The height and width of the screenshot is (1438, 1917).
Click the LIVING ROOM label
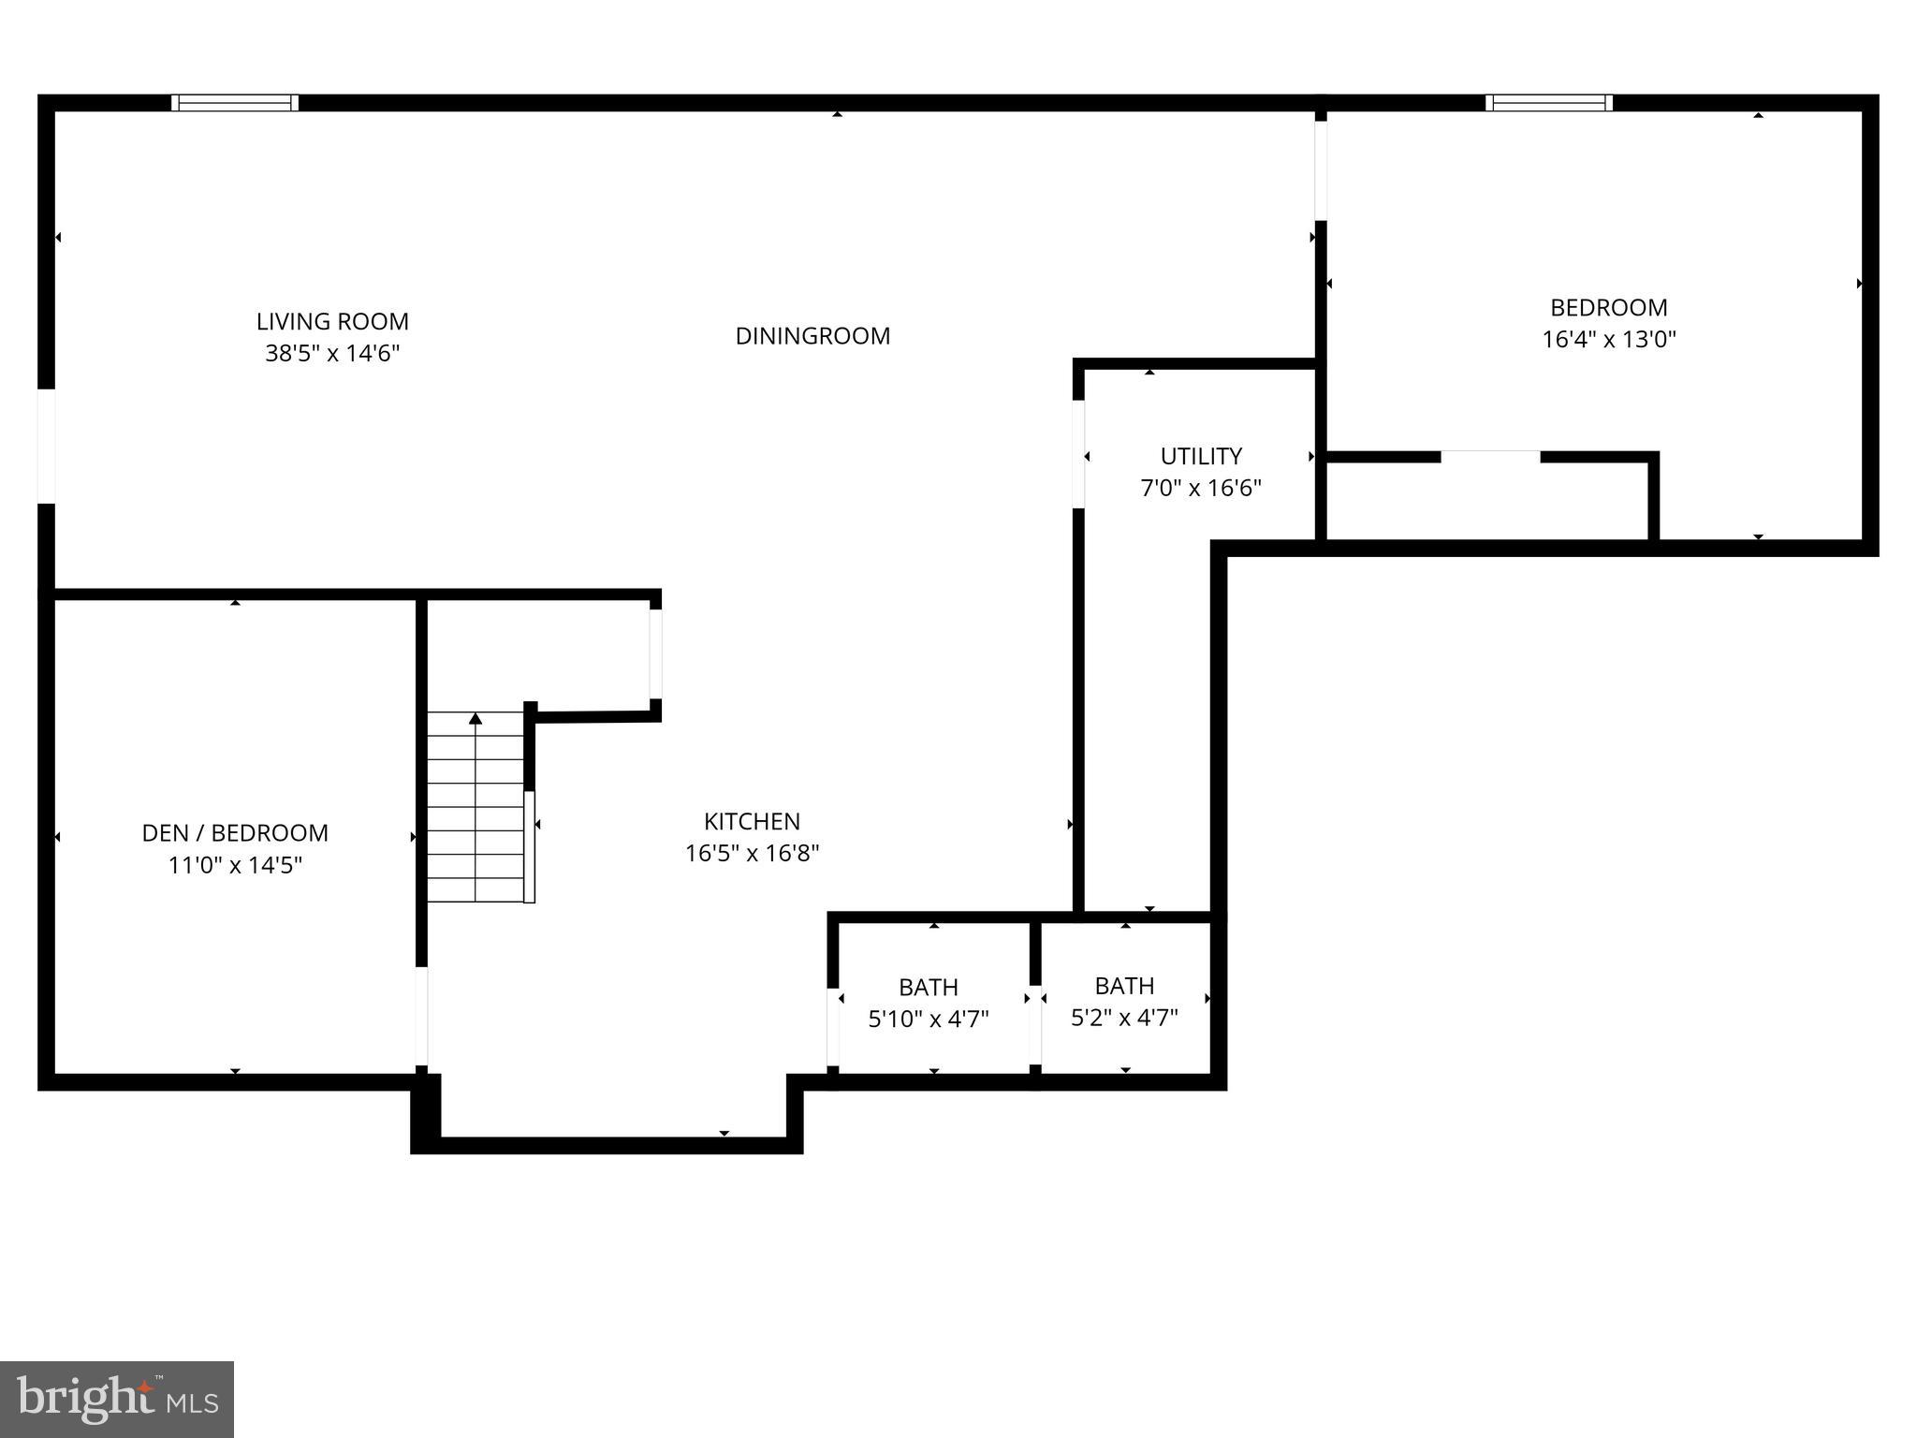click(x=332, y=321)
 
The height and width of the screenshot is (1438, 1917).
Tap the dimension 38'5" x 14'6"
click(x=332, y=354)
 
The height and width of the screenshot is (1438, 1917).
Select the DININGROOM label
click(x=812, y=336)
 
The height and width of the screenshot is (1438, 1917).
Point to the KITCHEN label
click(x=752, y=821)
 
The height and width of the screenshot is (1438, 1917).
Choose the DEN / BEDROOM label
click(x=235, y=833)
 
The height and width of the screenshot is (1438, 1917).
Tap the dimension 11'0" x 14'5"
click(x=235, y=865)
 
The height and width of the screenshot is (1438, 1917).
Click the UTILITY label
click(x=1201, y=456)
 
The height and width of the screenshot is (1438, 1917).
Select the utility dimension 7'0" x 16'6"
click(x=1201, y=489)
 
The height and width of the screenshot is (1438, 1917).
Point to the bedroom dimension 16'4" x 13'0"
click(x=1608, y=339)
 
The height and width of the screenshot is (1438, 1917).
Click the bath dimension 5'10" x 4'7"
click(x=929, y=1020)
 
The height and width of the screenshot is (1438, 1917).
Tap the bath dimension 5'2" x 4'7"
click(x=1124, y=1018)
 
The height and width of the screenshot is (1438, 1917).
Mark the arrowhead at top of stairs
click(x=476, y=719)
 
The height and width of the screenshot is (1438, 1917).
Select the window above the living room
click(x=235, y=103)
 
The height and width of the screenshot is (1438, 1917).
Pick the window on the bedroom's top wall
click(x=1548, y=103)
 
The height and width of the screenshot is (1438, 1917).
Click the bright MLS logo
click(x=116, y=1400)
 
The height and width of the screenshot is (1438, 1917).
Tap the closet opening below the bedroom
click(x=1489, y=457)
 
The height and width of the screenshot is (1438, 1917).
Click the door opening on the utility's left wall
click(x=1078, y=454)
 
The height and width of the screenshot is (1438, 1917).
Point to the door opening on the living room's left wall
click(x=46, y=446)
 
